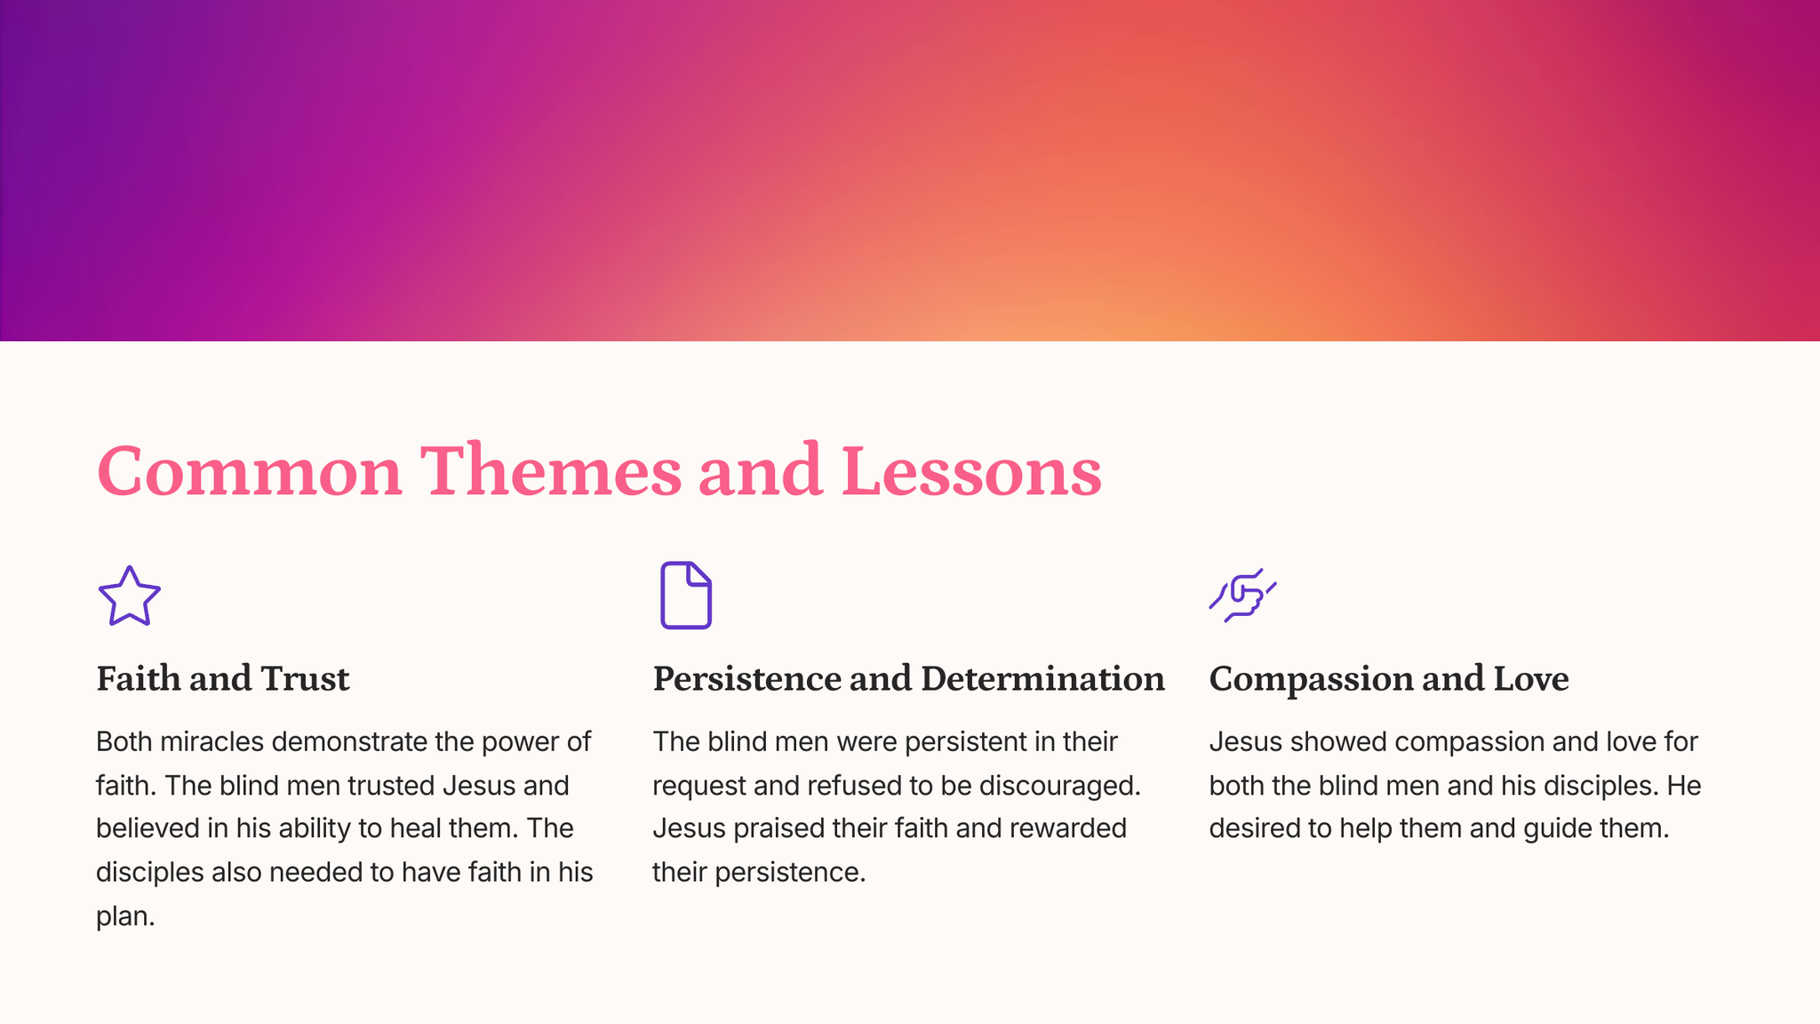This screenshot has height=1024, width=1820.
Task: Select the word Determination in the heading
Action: [1042, 678]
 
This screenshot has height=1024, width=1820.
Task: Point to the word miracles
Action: [213, 741]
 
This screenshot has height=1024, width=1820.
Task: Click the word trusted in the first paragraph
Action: [390, 786]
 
